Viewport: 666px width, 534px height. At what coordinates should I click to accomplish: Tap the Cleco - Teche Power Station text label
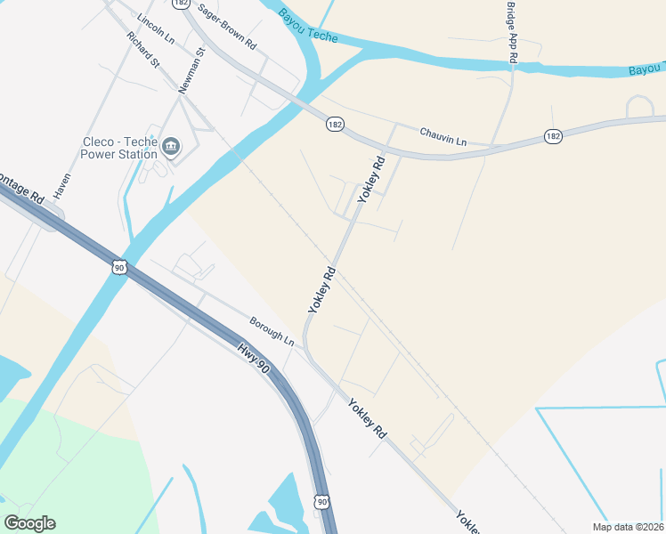click(119, 148)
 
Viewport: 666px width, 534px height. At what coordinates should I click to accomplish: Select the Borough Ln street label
click(272, 331)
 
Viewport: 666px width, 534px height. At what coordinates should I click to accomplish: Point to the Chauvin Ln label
click(443, 135)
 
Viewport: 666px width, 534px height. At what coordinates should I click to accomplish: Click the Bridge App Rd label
click(512, 31)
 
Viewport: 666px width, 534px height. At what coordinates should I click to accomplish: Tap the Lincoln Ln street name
click(156, 28)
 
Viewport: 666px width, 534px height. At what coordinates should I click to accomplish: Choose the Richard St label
click(142, 51)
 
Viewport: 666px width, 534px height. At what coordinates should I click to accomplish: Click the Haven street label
click(61, 184)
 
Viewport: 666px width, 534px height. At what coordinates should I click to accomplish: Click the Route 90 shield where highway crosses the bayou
click(118, 266)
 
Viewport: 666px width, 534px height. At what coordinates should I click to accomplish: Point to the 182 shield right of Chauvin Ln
click(553, 136)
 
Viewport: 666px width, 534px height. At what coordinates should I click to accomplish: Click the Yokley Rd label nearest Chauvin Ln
click(371, 181)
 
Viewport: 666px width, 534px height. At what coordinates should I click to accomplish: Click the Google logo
click(29, 522)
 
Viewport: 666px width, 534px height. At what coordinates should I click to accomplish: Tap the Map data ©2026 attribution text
click(628, 526)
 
